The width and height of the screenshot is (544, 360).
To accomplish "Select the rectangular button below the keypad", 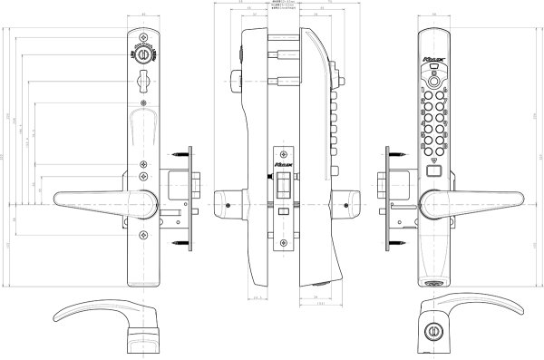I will click(x=434, y=170).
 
